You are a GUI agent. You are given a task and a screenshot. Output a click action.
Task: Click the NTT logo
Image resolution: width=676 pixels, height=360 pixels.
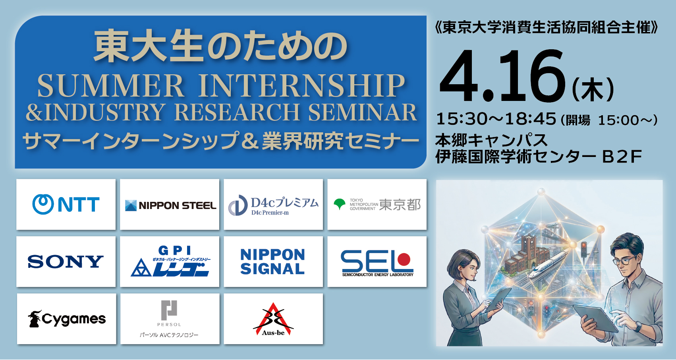(66, 205)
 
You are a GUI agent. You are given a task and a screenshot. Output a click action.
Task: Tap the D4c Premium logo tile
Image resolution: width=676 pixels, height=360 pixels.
(273, 205)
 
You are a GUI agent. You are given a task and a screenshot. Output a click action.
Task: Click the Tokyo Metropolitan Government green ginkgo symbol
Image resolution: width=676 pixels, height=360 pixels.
(340, 204)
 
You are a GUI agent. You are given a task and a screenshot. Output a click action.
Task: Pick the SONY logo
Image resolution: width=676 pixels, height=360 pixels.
(66, 262)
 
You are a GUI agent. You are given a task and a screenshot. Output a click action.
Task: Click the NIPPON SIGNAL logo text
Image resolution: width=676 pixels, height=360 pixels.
(273, 262)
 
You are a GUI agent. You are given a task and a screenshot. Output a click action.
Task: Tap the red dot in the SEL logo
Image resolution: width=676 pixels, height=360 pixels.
(404, 259)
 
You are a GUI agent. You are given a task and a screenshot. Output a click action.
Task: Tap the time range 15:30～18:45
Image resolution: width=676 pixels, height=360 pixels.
(496, 119)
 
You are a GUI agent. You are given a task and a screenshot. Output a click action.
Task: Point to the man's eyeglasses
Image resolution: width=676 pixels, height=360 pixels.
(625, 261)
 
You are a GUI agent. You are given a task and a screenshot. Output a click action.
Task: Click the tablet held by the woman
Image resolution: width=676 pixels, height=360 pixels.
(498, 298)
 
